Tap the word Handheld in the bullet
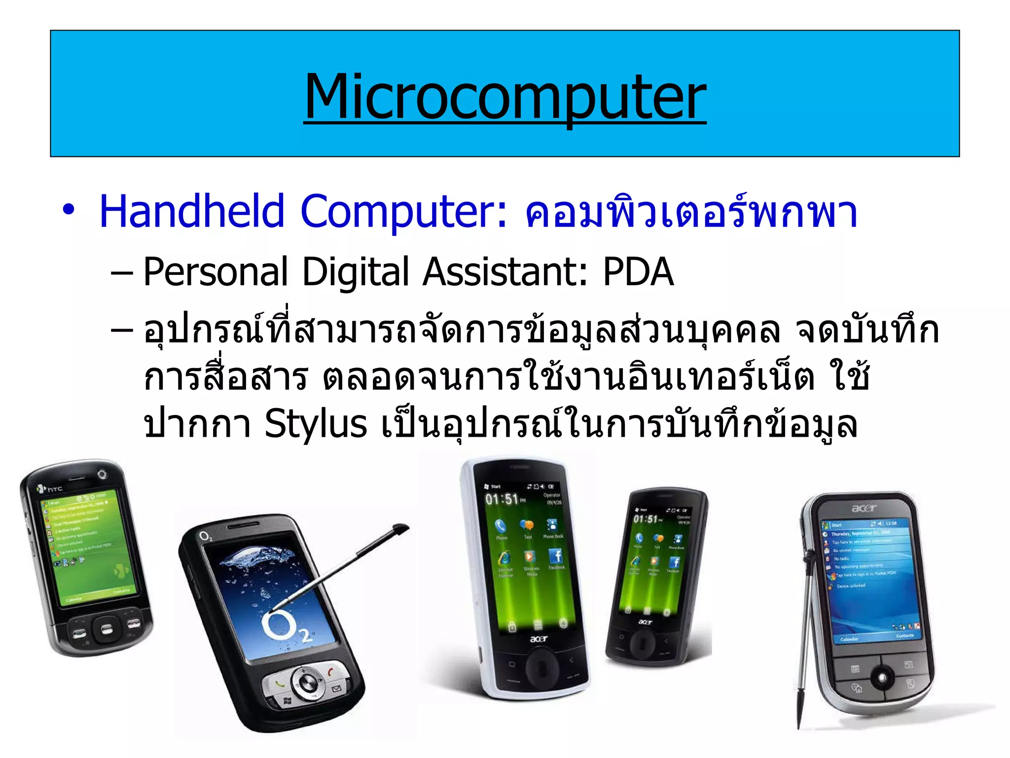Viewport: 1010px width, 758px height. click(x=192, y=211)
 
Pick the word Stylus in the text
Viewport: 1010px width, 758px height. click(x=316, y=424)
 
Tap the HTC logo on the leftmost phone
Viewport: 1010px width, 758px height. click(x=51, y=489)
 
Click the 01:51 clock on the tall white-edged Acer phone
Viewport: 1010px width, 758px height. click(x=502, y=499)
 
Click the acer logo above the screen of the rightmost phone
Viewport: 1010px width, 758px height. click(x=864, y=508)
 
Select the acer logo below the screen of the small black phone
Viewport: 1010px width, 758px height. click(x=645, y=622)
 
